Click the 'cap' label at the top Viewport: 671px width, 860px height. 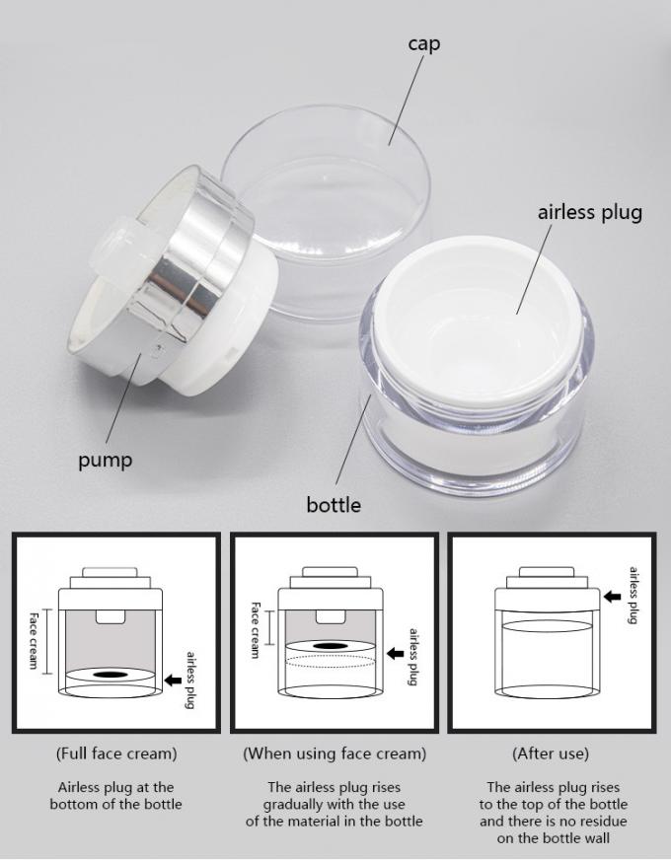pyautogui.click(x=423, y=44)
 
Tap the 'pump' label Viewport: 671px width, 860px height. pyautogui.click(x=106, y=461)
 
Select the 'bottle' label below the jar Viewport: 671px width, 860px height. pyautogui.click(x=334, y=505)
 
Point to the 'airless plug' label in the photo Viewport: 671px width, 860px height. pyautogui.click(x=589, y=212)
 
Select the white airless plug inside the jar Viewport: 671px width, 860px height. pyautogui.click(x=477, y=319)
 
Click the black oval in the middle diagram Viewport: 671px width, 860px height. pyautogui.click(x=332, y=646)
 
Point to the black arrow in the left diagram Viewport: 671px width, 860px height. pyautogui.click(x=174, y=681)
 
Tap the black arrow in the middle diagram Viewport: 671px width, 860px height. pyautogui.click(x=395, y=653)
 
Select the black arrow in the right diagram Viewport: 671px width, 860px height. pyautogui.click(x=613, y=597)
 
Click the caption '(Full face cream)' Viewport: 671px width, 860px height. pyautogui.click(x=116, y=753)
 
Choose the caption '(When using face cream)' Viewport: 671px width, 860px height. pyautogui.click(x=335, y=753)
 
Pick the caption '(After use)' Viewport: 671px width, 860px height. pyautogui.click(x=551, y=753)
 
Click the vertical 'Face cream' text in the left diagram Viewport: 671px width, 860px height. pyautogui.click(x=33, y=641)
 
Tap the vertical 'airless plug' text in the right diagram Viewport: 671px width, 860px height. pyautogui.click(x=634, y=595)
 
